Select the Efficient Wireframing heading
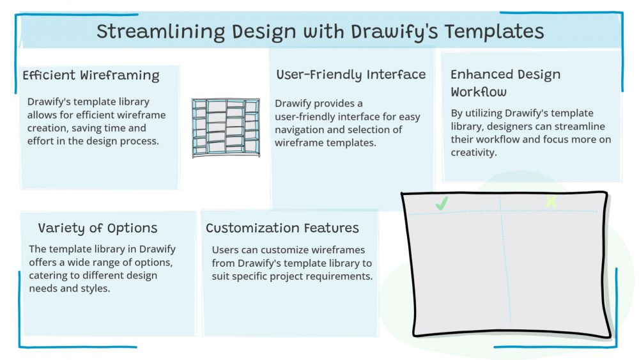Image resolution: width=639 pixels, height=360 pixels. [91, 75]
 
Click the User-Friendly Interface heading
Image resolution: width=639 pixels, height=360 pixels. [351, 75]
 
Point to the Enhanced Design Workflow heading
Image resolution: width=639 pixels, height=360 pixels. [505, 82]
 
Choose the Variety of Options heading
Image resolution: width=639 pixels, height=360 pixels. [97, 228]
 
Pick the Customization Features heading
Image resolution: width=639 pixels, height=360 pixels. [282, 228]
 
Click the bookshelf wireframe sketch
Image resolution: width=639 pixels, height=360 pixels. [226, 128]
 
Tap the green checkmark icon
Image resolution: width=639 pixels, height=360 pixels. [442, 203]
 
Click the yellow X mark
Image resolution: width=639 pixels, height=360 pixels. [551, 201]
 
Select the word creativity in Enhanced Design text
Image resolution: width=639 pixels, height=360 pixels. [473, 153]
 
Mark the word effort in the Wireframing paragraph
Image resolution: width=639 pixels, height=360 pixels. [42, 141]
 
